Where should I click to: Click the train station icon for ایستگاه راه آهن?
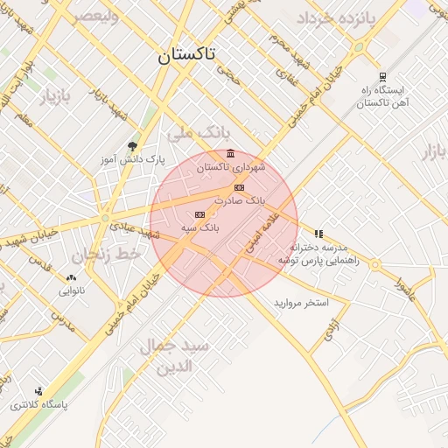(x=382, y=77)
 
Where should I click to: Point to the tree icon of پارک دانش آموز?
(x=132, y=146)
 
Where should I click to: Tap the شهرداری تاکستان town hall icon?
(x=230, y=154)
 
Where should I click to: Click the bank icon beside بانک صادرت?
(x=239, y=188)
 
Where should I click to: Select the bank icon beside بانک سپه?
(x=199, y=214)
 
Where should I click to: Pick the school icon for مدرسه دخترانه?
(x=318, y=234)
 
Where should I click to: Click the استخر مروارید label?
(x=300, y=302)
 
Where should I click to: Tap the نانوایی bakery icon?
(x=71, y=277)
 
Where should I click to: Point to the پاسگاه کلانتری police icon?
(x=38, y=391)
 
